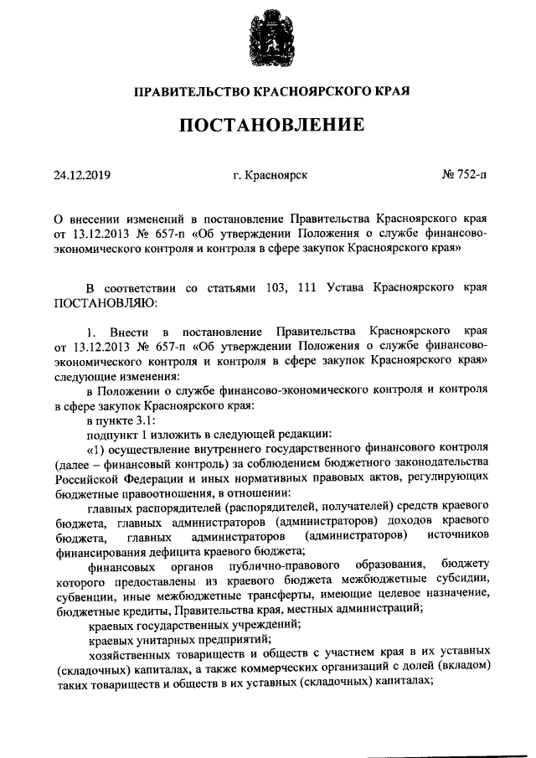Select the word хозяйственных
[130, 657]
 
